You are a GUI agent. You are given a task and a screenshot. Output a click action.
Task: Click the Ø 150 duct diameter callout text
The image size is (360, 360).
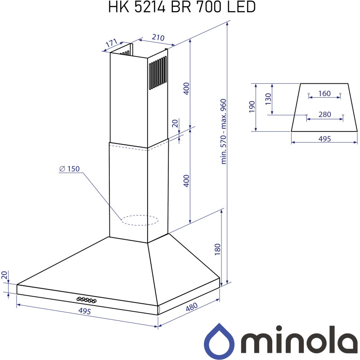[69, 169]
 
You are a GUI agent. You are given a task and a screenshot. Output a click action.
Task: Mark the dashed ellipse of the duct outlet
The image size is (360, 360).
[140, 220]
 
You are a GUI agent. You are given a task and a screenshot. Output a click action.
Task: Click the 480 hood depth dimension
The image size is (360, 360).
[192, 308]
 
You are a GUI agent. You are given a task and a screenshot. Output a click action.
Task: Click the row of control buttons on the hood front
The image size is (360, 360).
[85, 299]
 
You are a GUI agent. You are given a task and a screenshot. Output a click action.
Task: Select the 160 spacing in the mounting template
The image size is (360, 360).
[324, 94]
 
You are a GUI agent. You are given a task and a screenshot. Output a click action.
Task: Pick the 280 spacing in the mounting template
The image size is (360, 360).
[324, 115]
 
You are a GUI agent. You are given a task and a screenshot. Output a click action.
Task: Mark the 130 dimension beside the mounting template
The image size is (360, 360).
[268, 99]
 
